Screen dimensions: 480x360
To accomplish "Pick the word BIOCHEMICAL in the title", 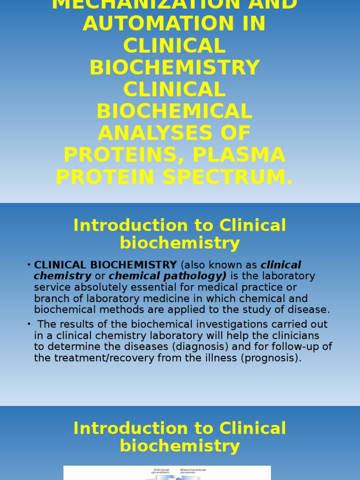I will [174, 112].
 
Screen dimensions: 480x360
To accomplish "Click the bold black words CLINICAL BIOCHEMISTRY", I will [105, 265].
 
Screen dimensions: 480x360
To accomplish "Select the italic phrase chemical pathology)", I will [168, 276].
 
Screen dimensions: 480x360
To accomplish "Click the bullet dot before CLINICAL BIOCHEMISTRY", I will [29, 265].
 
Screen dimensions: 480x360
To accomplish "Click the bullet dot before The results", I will [29, 324].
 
